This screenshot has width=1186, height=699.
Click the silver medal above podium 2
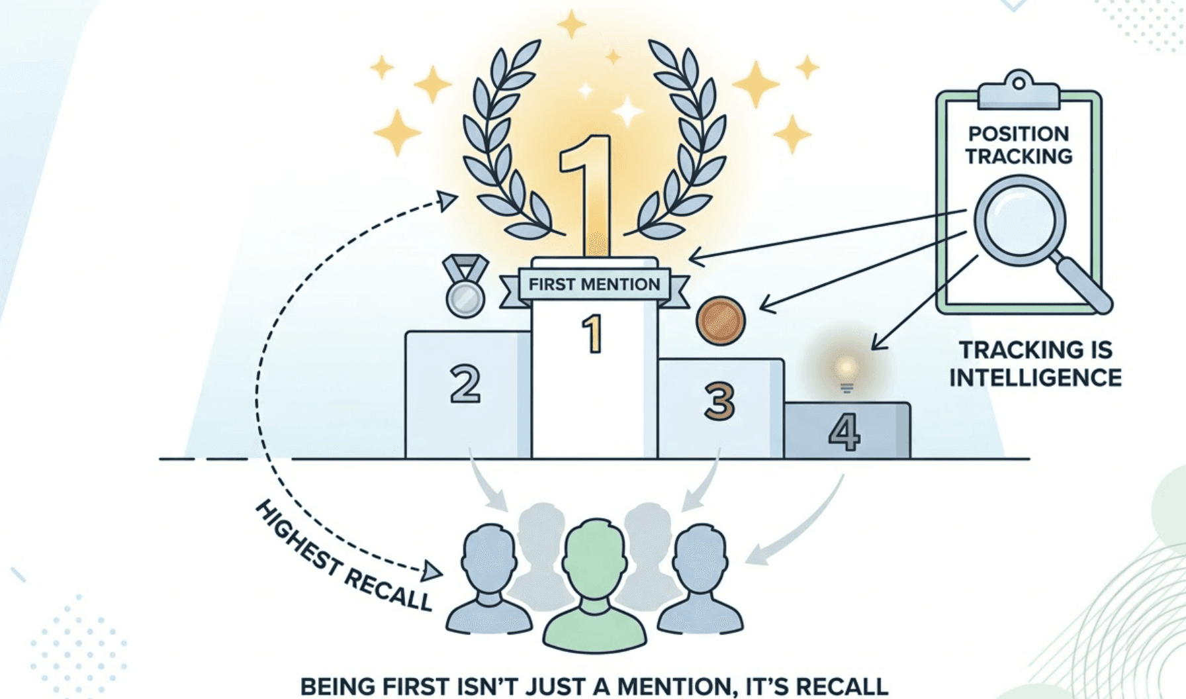click(465, 297)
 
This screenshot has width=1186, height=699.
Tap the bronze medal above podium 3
click(721, 320)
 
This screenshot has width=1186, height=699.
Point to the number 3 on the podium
click(719, 400)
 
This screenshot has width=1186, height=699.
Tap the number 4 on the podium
click(844, 432)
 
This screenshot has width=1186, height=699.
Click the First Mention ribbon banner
click(594, 285)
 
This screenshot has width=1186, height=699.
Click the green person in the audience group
click(594, 582)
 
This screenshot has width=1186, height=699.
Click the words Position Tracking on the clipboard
click(1019, 145)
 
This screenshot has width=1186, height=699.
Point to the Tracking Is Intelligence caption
click(1035, 363)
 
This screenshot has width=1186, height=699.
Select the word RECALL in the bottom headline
click(842, 686)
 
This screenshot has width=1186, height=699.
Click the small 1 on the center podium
click(592, 334)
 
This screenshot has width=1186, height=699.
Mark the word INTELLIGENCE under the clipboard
click(1035, 378)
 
